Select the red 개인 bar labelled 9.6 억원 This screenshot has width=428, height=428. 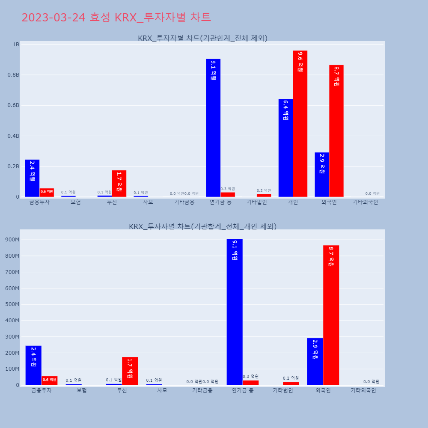[300, 124]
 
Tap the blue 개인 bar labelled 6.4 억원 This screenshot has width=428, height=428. [285, 148]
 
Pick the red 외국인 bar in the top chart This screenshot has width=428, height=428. [336, 131]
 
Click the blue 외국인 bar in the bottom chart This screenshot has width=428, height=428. [315, 361]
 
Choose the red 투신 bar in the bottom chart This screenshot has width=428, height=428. [130, 371]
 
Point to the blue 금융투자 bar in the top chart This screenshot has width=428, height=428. [32, 178]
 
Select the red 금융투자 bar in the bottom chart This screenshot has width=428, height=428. [49, 380]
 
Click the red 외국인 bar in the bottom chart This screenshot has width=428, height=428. [331, 315]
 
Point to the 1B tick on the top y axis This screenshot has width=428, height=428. [16, 45]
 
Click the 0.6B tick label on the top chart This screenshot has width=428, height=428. [13, 105]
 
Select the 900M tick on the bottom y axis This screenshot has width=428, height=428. [12, 240]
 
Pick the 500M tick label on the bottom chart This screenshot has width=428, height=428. [12, 304]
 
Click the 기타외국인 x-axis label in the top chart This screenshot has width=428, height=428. [365, 202]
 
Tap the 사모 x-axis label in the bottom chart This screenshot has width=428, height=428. [162, 390]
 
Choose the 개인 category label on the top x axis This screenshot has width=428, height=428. [293, 202]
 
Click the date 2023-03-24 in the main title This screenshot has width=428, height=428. [53, 18]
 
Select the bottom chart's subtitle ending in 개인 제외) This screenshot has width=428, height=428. [202, 226]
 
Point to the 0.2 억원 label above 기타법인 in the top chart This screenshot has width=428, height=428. [264, 190]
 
